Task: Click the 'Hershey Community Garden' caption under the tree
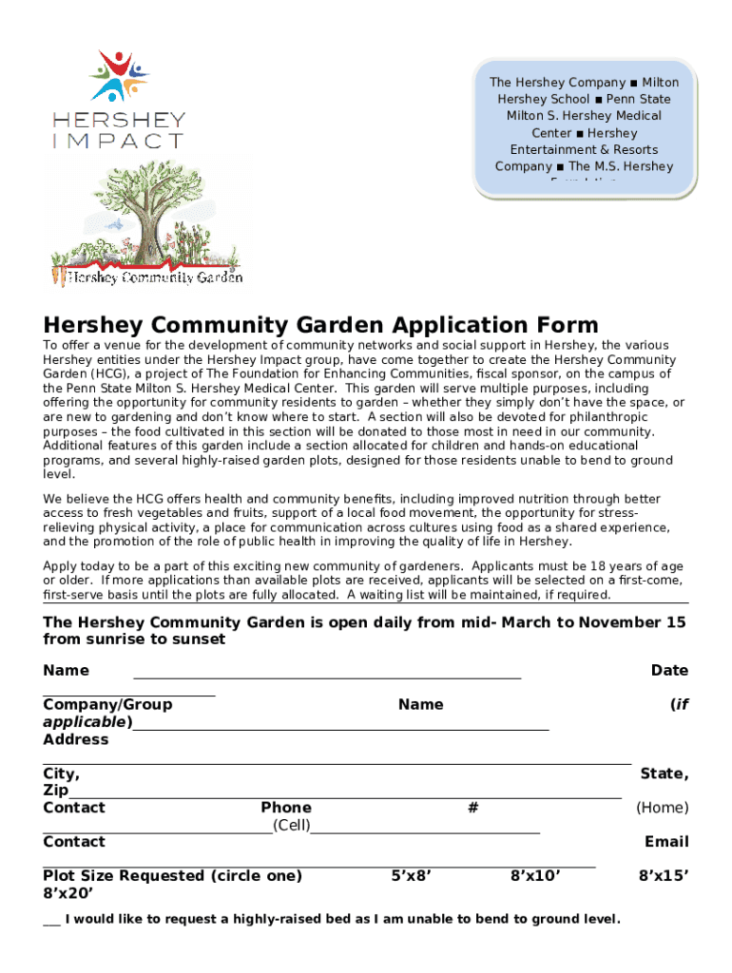coord(148,277)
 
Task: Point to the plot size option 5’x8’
coord(412,875)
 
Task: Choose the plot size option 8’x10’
coord(535,875)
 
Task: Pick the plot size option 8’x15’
coord(664,875)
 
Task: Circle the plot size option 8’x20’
coord(68,892)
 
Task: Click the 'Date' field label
coord(669,670)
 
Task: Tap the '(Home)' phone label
coord(663,808)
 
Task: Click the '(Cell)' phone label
coord(292,825)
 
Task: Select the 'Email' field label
coord(666,841)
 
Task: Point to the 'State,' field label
coord(665,773)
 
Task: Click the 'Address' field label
coord(76,738)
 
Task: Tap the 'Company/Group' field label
coord(107,704)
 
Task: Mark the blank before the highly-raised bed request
coord(51,919)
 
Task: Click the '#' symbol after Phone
coord(472,808)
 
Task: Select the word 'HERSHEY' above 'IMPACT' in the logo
coord(119,121)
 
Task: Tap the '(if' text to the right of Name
coord(679,704)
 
